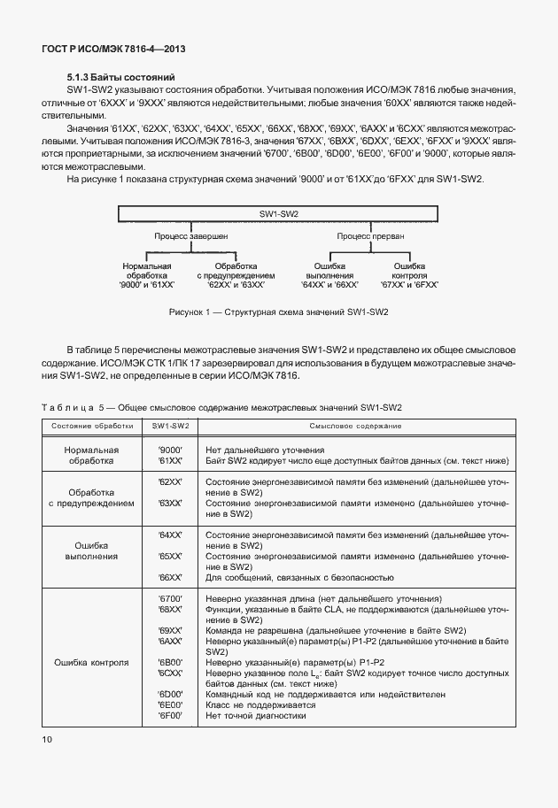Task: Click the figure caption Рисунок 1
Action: [278, 312]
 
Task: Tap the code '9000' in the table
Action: [169, 450]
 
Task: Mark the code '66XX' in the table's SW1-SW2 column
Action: [169, 577]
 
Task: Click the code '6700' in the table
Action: [169, 599]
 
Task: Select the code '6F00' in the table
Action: [169, 716]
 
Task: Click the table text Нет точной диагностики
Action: [255, 716]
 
